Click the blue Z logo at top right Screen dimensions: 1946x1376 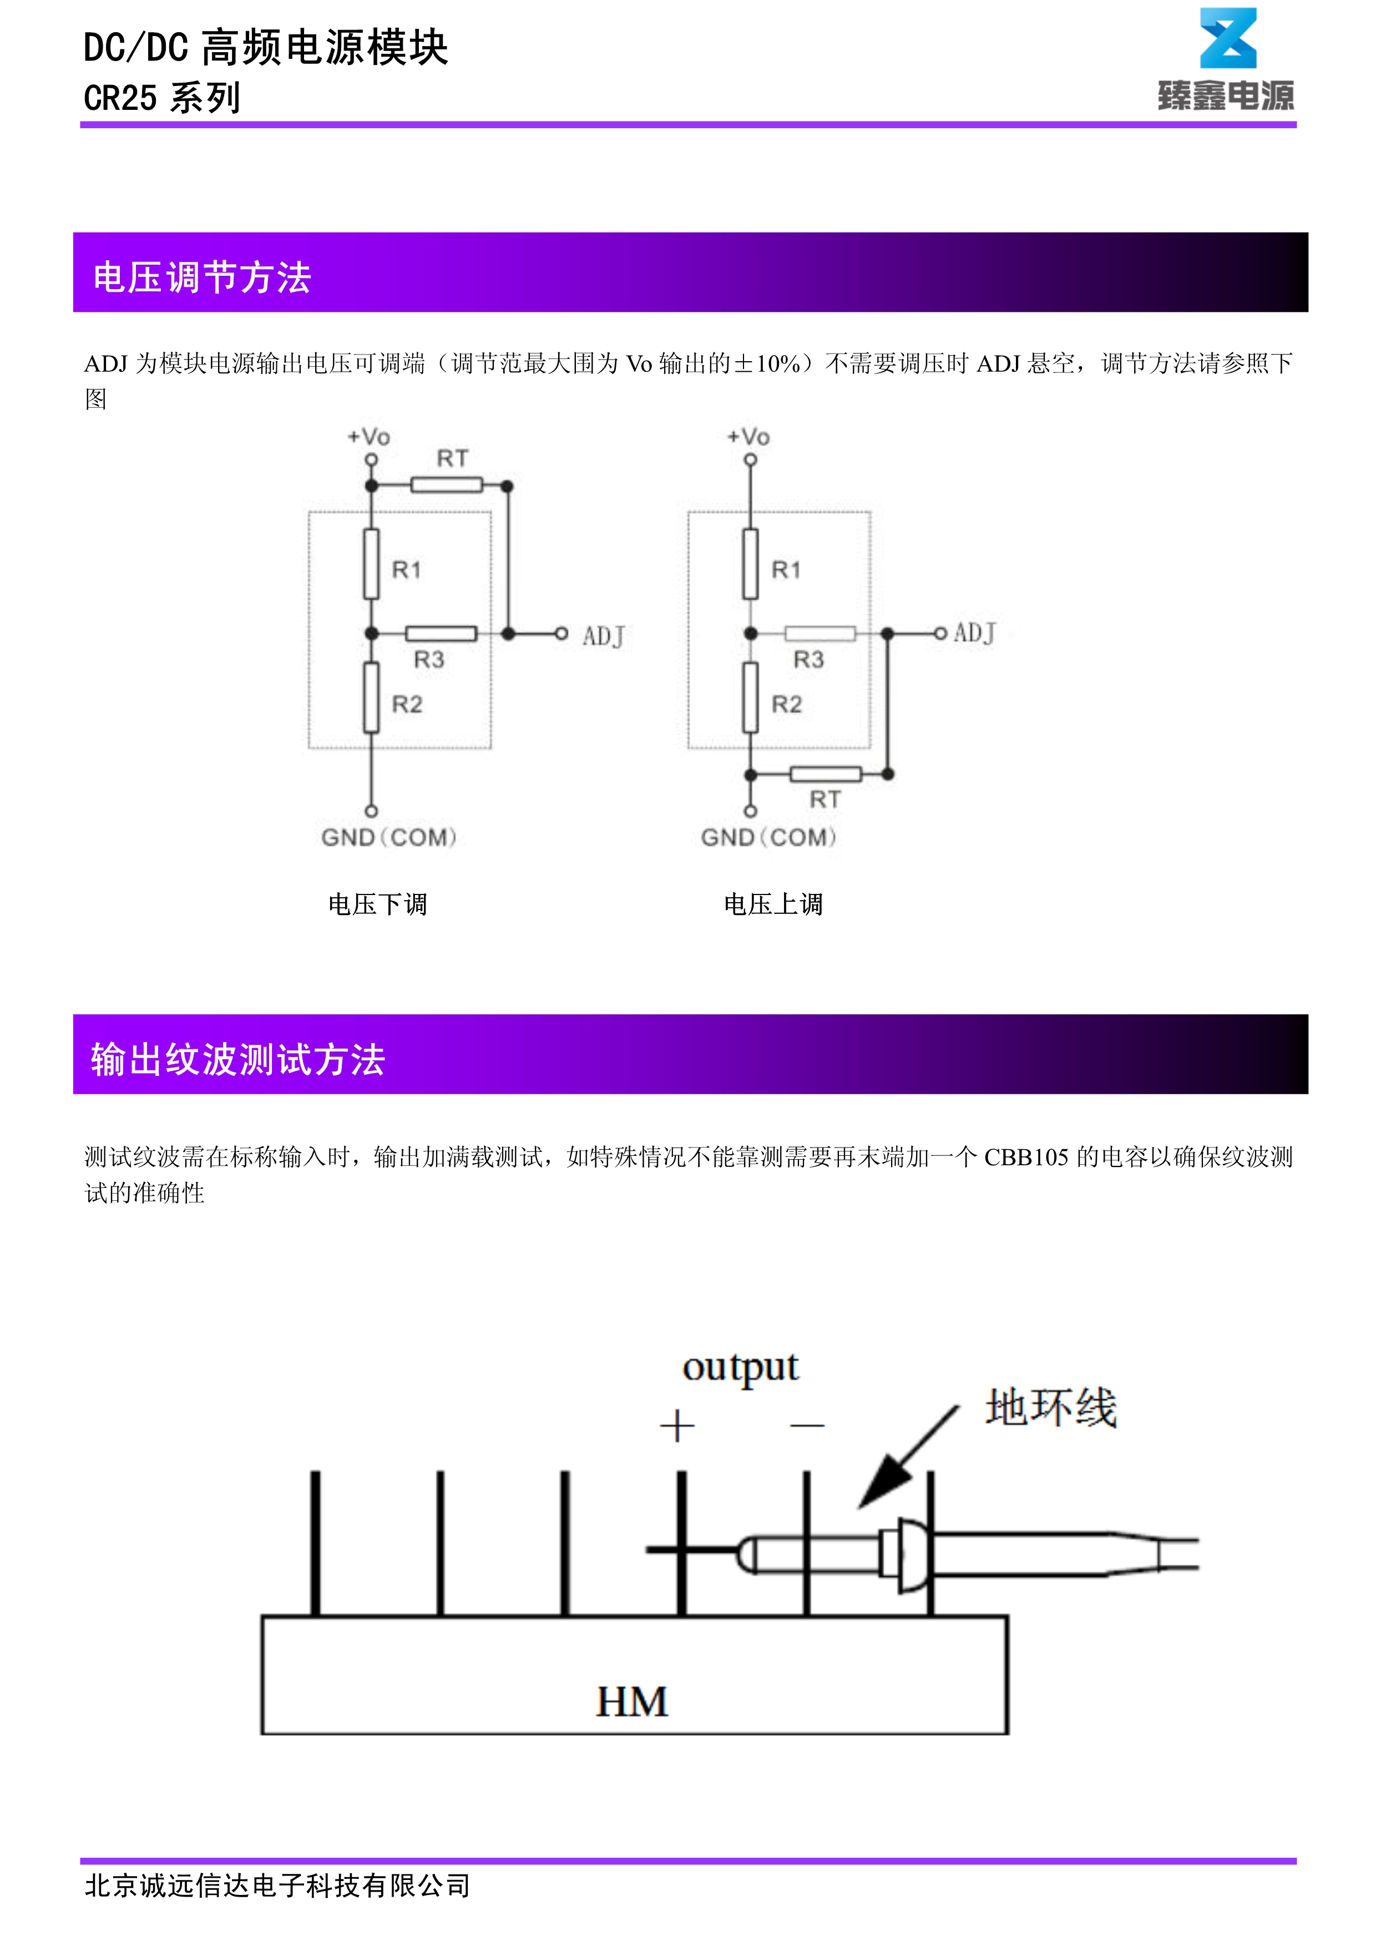(x=1228, y=39)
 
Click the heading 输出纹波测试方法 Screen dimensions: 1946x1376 (x=238, y=1059)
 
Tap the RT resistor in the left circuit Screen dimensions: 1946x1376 (x=447, y=485)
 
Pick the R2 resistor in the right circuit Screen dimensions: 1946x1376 (x=750, y=697)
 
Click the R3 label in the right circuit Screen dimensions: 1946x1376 (x=808, y=659)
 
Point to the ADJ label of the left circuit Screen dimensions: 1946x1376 (x=603, y=636)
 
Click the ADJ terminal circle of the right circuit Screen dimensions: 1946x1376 (x=940, y=633)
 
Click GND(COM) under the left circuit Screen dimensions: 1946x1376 (x=389, y=837)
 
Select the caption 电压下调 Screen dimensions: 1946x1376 (x=378, y=904)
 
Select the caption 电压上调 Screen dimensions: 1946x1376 (x=773, y=904)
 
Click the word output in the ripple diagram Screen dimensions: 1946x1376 (x=741, y=1367)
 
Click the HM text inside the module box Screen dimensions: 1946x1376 (x=632, y=1701)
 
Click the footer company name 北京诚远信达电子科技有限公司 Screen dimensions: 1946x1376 (x=277, y=1885)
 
